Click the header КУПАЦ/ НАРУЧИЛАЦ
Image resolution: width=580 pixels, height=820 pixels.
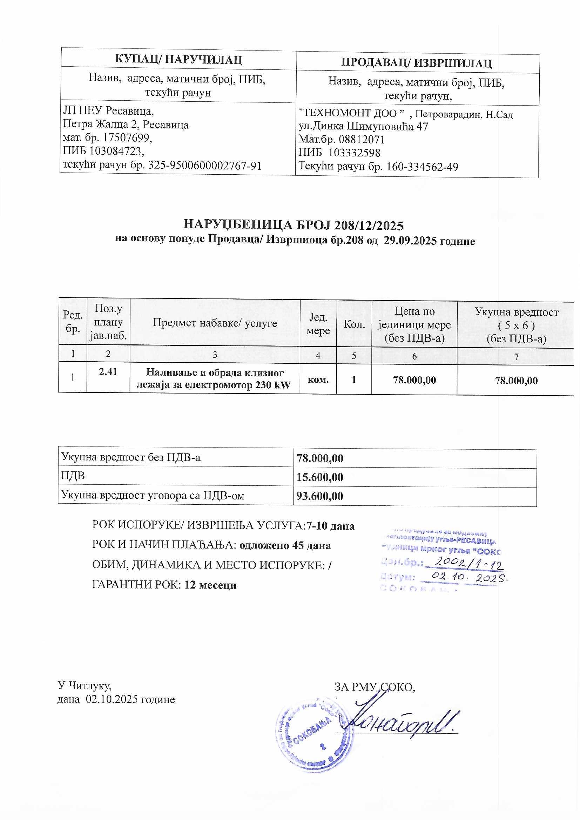(x=178, y=59)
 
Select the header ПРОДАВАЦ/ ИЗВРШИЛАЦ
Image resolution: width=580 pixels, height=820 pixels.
(x=417, y=63)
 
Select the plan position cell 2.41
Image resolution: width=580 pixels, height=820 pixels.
(x=108, y=372)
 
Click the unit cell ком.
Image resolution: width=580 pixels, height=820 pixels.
(x=318, y=379)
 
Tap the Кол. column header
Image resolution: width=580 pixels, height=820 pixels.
(x=354, y=324)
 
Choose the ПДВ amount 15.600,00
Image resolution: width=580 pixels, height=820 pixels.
(x=320, y=477)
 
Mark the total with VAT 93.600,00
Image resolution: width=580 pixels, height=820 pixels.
(x=320, y=496)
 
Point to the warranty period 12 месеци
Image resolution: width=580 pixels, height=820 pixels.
(x=211, y=585)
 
